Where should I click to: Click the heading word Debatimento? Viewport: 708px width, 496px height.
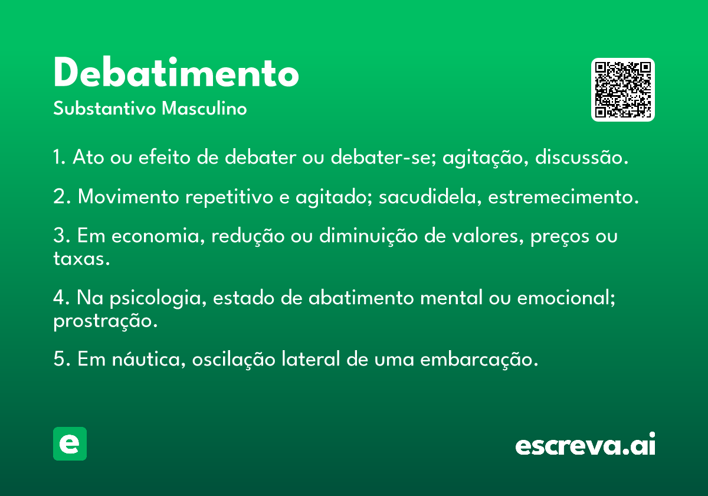(176, 73)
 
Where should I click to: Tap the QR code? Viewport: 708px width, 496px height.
(622, 90)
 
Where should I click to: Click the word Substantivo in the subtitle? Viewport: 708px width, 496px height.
(104, 109)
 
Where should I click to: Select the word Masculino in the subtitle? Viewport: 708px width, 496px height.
(204, 109)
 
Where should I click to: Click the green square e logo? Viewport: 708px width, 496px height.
(70, 443)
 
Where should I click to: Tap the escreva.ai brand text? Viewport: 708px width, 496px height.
(585, 444)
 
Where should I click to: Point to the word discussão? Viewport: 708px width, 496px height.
(582, 157)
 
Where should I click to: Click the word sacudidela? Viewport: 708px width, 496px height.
(431, 197)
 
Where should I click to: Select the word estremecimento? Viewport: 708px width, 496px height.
(563, 197)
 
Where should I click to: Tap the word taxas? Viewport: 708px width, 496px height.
(81, 259)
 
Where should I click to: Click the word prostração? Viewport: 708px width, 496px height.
(105, 321)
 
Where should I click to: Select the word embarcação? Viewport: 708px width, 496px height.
(479, 360)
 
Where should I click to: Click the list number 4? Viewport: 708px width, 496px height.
(61, 298)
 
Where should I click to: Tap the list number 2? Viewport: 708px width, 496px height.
(61, 197)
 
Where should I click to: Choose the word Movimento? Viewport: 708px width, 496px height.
(129, 197)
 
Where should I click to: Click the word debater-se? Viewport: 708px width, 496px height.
(383, 157)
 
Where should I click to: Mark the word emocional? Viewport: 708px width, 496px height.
(566, 298)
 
